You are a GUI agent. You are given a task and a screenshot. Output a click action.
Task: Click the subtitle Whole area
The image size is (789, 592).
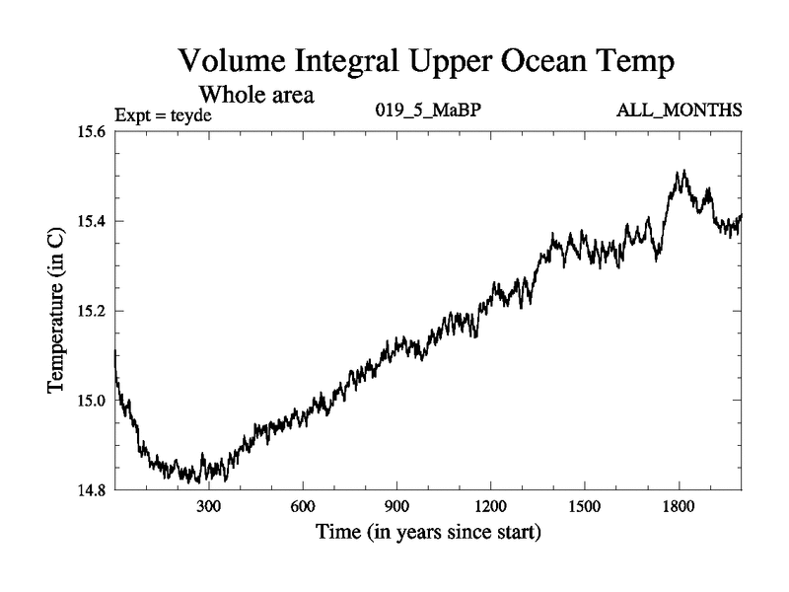[257, 95]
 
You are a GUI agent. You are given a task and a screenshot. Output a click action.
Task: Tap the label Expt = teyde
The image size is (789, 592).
[164, 114]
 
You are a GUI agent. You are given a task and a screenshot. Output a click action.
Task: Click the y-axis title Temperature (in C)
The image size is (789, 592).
[57, 311]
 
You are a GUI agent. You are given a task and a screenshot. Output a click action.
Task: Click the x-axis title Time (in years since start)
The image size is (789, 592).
[428, 534]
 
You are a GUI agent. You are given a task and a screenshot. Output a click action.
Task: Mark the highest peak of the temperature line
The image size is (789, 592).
[681, 171]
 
